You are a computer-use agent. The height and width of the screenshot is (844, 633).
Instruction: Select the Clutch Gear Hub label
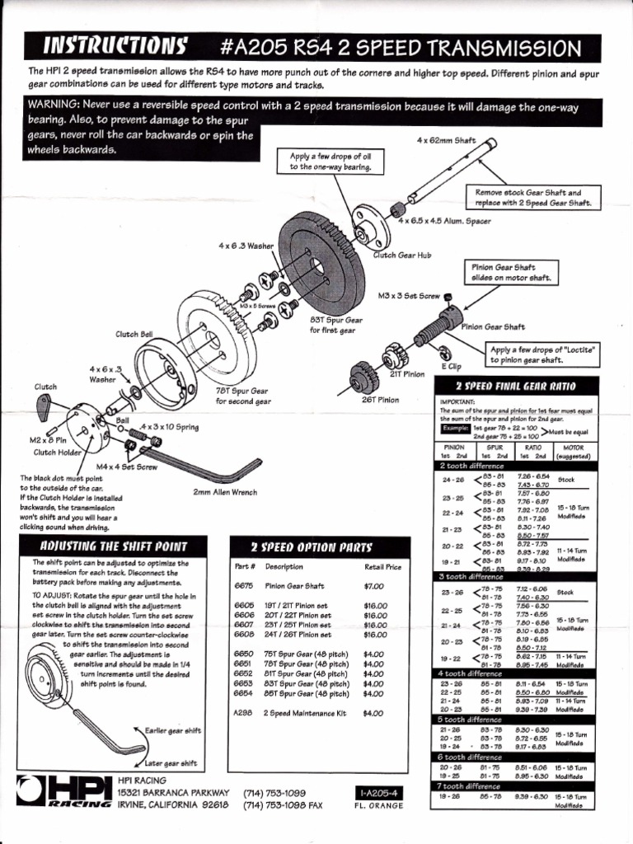pyautogui.click(x=402, y=255)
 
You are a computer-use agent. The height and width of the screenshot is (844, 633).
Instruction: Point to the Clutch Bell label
pyautogui.click(x=134, y=334)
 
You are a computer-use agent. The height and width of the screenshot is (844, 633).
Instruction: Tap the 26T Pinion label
pyautogui.click(x=381, y=400)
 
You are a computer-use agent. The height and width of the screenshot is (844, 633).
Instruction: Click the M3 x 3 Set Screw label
pyautogui.click(x=408, y=295)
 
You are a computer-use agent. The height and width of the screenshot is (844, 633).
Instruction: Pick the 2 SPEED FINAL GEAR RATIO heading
pyautogui.click(x=516, y=386)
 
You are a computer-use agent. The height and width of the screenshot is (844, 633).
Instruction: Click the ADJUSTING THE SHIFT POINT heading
pyautogui.click(x=114, y=546)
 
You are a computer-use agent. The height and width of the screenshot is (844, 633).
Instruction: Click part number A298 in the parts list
pyautogui.click(x=242, y=713)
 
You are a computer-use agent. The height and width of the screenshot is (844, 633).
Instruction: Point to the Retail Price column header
pyautogui.click(x=382, y=567)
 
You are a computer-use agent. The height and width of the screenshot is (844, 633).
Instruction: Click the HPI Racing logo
pyautogui.click(x=69, y=790)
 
